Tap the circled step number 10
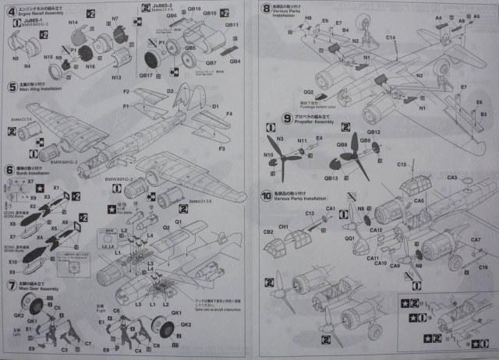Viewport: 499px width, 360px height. click(267, 196)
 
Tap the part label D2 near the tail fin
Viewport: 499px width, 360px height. click(170, 91)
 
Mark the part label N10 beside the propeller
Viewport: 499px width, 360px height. click(269, 155)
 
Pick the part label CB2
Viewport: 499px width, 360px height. click(267, 232)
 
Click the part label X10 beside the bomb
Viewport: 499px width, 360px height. click(13, 262)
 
